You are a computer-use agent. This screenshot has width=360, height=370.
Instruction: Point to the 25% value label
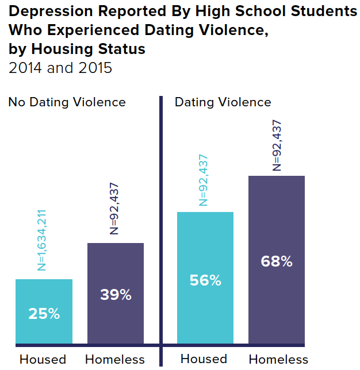pyautogui.click(x=44, y=314)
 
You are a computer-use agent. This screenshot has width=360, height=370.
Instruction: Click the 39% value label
pyautogui.click(x=116, y=295)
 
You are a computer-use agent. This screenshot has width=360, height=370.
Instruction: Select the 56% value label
pyautogui.click(x=205, y=280)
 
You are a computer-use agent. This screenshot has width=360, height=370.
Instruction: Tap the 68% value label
pyautogui.click(x=277, y=261)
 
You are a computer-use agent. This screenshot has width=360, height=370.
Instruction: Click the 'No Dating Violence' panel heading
pyautogui.click(x=67, y=102)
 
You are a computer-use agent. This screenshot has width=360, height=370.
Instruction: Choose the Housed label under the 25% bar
pyautogui.click(x=43, y=360)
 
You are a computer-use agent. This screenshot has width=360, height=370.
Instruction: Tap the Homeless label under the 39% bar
pyautogui.click(x=115, y=360)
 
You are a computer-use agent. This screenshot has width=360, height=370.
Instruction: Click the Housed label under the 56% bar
pyautogui.click(x=204, y=359)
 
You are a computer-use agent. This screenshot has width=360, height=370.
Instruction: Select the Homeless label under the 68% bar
pyautogui.click(x=278, y=360)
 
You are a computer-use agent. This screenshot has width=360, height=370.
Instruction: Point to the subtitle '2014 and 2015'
pyautogui.click(x=60, y=68)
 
